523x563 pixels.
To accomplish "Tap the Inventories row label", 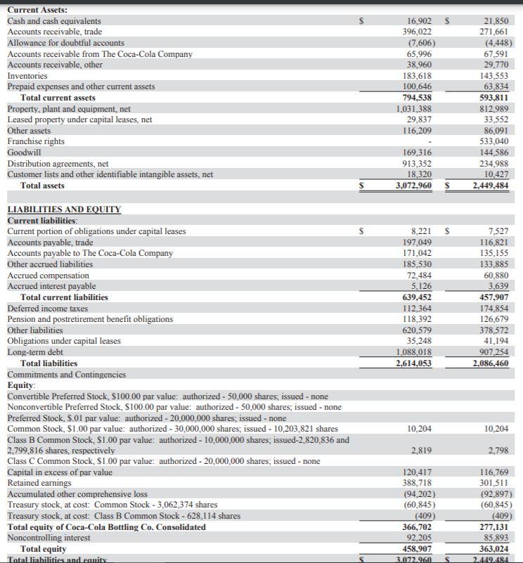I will (27, 76).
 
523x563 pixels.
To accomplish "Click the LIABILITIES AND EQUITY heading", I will (64, 209).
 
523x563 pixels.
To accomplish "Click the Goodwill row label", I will (25, 153).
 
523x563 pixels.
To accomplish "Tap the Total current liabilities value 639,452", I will (415, 297).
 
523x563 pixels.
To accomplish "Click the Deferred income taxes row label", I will (47, 309).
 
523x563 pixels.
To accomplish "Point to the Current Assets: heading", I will (37, 10).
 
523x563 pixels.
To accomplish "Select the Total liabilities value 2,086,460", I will (492, 363).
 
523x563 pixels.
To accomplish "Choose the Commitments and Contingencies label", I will (67, 375).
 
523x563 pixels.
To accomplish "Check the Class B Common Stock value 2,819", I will (422, 450).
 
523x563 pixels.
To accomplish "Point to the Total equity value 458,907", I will (415, 549).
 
